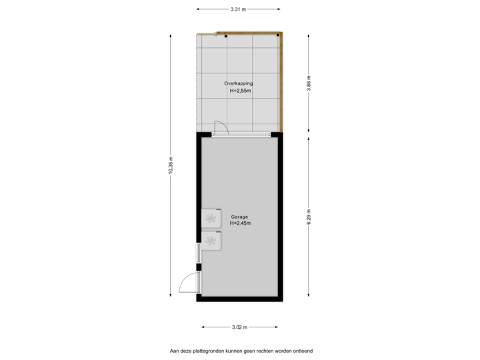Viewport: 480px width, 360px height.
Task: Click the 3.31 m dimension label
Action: (238, 9)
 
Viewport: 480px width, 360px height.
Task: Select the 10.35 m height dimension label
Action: (171, 166)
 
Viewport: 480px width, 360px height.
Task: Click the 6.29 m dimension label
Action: (307, 217)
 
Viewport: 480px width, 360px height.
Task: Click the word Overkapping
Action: (238, 83)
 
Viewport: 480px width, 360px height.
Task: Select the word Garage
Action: (239, 217)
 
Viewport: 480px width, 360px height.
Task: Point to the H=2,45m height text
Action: (240, 224)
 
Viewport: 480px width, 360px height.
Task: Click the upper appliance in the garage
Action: (212, 218)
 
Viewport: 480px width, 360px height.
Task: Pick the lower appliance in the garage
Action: (212, 241)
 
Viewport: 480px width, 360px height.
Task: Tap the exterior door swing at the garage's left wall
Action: (187, 285)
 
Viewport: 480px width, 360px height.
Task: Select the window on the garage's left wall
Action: (198, 253)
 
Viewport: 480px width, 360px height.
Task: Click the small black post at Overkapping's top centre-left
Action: (225, 35)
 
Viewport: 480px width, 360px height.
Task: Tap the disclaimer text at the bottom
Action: (241, 349)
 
